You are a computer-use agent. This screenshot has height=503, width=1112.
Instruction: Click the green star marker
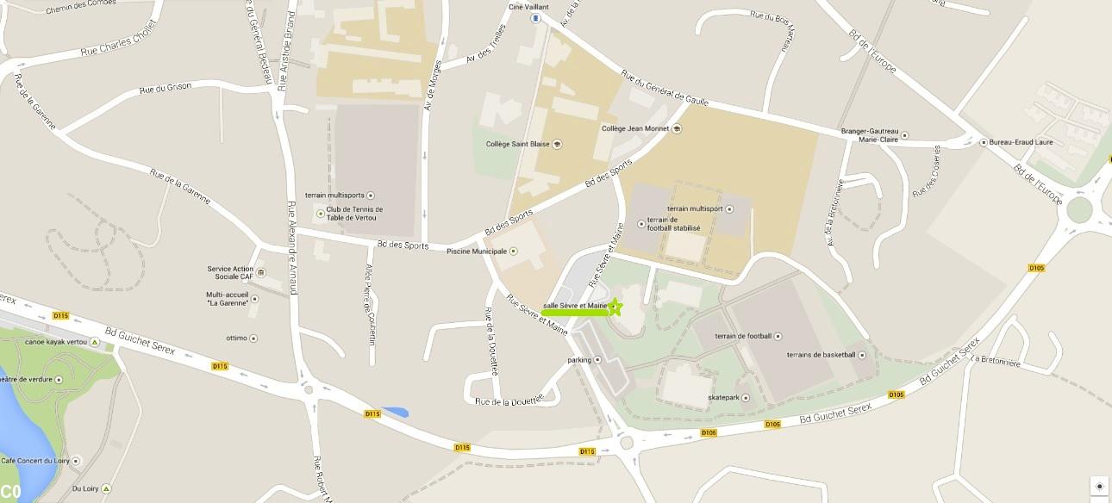615,307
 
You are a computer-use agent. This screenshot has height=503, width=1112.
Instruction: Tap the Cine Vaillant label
528,7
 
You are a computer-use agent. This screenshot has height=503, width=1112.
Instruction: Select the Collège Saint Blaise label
517,144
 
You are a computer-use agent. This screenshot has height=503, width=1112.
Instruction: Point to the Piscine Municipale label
477,251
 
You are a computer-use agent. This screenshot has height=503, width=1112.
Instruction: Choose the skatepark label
722,398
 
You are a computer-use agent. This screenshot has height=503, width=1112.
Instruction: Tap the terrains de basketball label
821,355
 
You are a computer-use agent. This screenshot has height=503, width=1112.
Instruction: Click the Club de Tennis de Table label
354,214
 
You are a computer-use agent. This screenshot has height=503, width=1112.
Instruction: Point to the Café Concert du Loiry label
34,461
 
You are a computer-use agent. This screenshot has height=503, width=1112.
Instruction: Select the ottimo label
237,338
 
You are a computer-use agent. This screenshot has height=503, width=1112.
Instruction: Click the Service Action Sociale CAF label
230,273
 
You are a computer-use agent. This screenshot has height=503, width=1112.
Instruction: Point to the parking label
579,360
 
